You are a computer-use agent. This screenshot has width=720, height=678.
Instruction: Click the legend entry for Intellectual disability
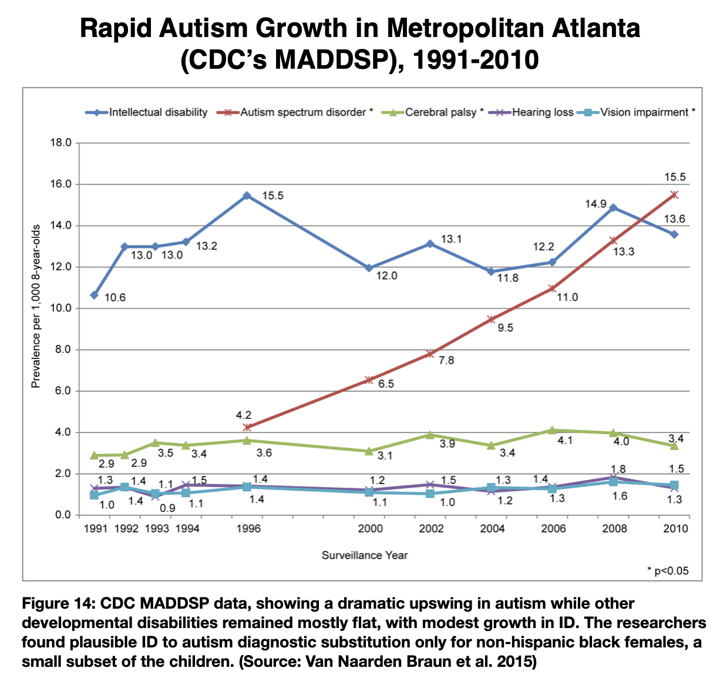[x=146, y=112]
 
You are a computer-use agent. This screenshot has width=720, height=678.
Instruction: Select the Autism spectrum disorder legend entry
[x=294, y=112]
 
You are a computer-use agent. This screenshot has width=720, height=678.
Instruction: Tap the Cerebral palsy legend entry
[x=432, y=112]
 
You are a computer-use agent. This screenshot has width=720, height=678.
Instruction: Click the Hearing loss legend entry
[x=531, y=112]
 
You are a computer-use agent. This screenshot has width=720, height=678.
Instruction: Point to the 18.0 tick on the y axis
[x=61, y=143]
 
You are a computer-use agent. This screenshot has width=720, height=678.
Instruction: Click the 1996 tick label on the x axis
[x=248, y=529]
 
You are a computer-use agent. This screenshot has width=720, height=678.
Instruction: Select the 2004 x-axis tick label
[x=492, y=529]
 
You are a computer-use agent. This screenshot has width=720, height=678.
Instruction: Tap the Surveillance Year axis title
[x=365, y=555]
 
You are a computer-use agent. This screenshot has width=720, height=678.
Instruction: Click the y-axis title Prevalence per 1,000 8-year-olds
[x=35, y=306]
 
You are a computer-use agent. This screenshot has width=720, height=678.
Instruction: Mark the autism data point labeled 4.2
[x=247, y=427]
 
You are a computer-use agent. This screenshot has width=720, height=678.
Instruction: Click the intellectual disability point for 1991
[x=95, y=296]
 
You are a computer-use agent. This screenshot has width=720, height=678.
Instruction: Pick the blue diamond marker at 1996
[x=247, y=196]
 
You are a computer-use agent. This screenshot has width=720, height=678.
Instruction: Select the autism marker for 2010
[x=674, y=195]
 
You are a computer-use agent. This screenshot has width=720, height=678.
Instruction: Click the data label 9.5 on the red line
[x=505, y=328]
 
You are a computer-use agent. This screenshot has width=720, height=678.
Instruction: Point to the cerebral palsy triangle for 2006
[x=552, y=430]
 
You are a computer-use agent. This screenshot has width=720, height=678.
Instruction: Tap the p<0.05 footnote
[x=668, y=571]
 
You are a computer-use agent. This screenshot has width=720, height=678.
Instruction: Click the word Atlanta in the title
[x=596, y=28]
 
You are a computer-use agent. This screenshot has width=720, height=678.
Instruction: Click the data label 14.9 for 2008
[x=595, y=204]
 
